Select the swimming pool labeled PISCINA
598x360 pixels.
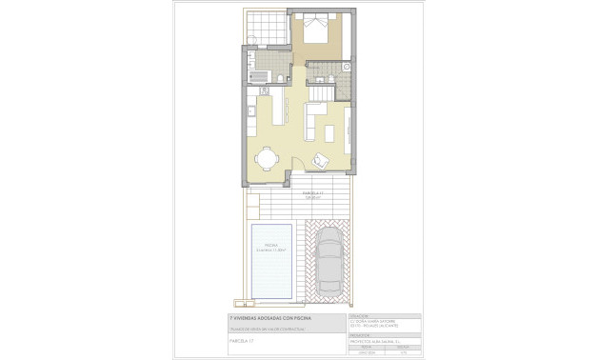pos(270,259)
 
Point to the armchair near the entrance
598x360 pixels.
pos(320,162)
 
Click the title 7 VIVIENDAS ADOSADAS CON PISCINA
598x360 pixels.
pos(270,317)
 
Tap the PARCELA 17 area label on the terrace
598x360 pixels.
pos(313,194)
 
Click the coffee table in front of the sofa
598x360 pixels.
pos(330,131)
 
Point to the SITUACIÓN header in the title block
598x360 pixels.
pos(359,315)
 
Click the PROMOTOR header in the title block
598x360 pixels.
pos(360,334)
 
